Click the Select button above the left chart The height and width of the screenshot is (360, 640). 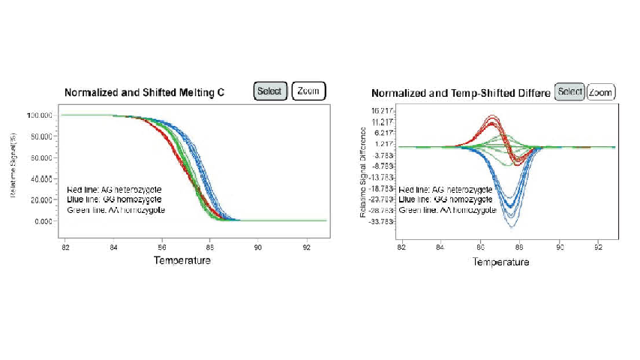269,91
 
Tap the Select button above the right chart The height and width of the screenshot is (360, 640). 569,91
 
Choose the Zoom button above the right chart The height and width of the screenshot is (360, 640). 600,91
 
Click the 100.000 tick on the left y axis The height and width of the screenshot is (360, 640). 37,115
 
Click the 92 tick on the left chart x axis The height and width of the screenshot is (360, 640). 306,246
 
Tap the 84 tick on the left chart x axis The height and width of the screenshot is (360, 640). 113,246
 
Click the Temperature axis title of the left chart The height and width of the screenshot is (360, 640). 182,260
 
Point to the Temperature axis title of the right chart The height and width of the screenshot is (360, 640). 500,262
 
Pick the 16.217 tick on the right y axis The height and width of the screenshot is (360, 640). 383,110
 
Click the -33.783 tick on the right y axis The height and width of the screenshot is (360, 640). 381,222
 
